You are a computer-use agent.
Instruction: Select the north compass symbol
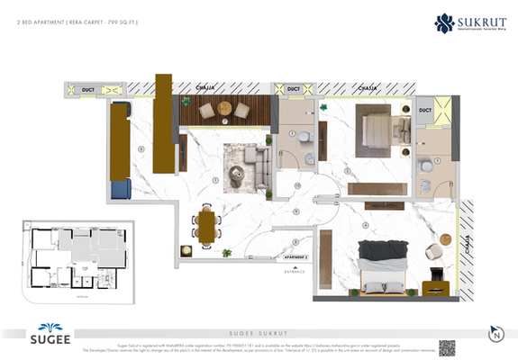495,333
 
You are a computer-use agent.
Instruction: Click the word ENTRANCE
295,270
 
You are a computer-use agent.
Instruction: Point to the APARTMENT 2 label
295,256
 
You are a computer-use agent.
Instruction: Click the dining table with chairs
208,225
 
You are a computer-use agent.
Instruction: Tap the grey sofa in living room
259,165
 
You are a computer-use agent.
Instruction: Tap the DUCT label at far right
425,110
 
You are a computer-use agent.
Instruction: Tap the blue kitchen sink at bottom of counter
122,189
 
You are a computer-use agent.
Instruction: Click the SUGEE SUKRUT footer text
259,332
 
